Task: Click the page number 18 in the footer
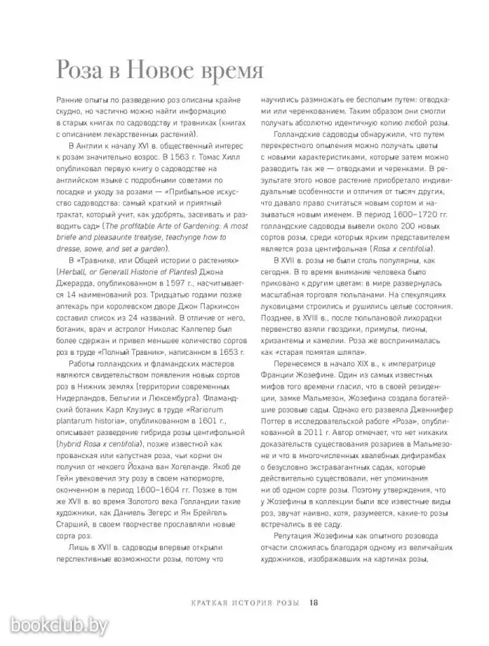pyautogui.click(x=314, y=603)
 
